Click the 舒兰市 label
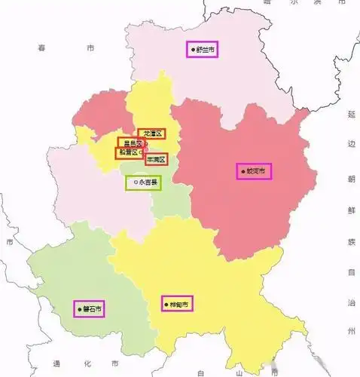[x=205, y=50]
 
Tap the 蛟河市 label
[x=256, y=171]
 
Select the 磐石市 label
[x=92, y=308]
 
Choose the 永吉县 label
[x=143, y=182]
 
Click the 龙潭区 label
[x=153, y=133]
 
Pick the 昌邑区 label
[x=131, y=143]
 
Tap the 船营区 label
[x=128, y=152]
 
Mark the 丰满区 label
[x=156, y=160]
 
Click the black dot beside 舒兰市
[x=194, y=50]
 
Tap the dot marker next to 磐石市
[x=79, y=308]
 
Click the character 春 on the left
[x=42, y=48]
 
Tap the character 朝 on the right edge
[x=351, y=177]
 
